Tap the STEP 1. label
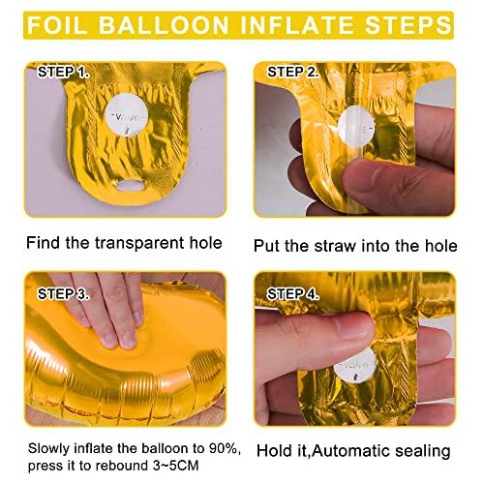pyautogui.click(x=63, y=72)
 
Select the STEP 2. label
pyautogui.click(x=293, y=72)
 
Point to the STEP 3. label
pyautogui.click(x=63, y=294)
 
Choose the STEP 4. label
pyautogui.click(x=293, y=294)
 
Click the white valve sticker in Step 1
pyautogui.click(x=126, y=115)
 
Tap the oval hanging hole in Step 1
pyautogui.click(x=132, y=186)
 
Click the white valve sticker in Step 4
pyautogui.click(x=355, y=365)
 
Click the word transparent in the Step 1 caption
pyautogui.click(x=139, y=243)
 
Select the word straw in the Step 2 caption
pyautogui.click(x=336, y=246)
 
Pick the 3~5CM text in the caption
pyautogui.click(x=175, y=466)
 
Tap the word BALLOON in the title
pyautogui.click(x=164, y=25)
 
